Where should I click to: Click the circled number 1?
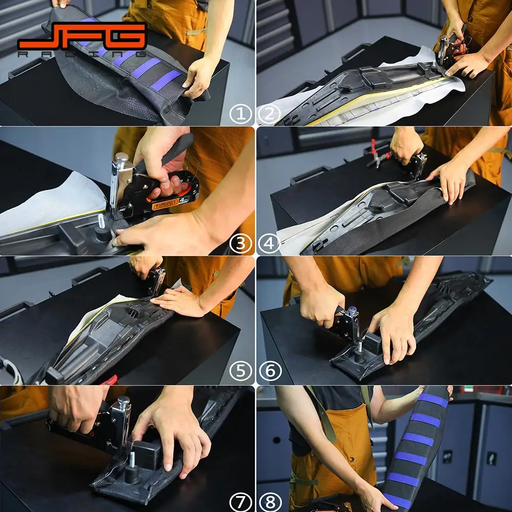pos(241,114)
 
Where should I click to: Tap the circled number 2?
pos(269,114)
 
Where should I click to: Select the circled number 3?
pos(241,244)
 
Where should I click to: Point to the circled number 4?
pos(269,244)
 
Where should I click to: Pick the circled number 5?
pos(241,371)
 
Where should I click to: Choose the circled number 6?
pos(270,371)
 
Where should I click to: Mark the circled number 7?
pos(241,502)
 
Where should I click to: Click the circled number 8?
pos(270,502)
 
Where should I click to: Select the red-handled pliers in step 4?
pos(379,154)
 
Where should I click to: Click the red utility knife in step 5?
pos(109,380)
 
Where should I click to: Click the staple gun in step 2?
pos(452,49)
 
